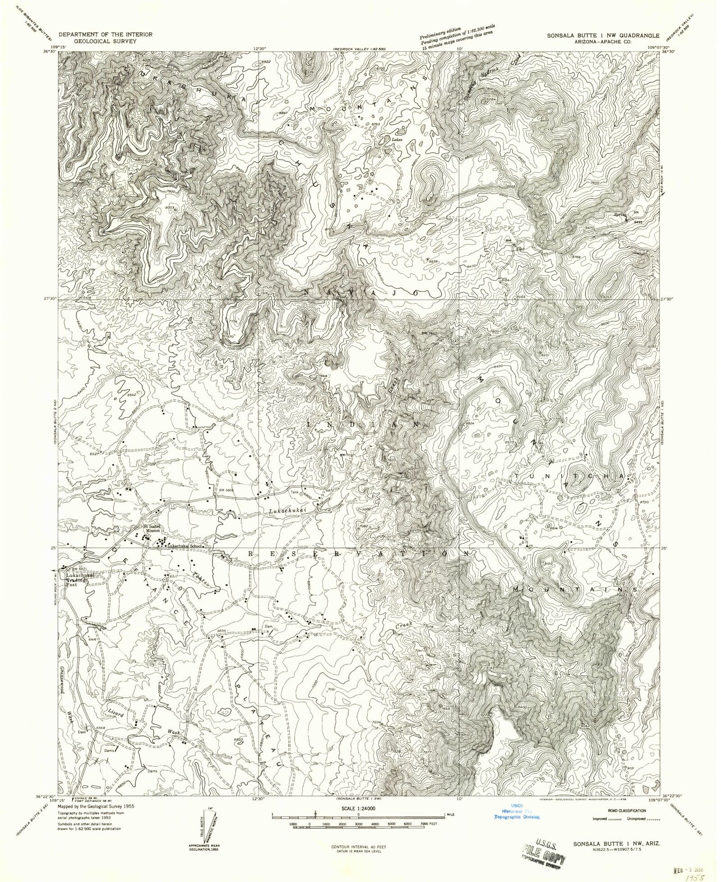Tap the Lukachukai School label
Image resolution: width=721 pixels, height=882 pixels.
(x=185, y=546)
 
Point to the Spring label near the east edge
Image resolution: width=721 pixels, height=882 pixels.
(x=620, y=215)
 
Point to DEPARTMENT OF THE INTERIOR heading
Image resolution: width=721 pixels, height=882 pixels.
(x=106, y=34)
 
